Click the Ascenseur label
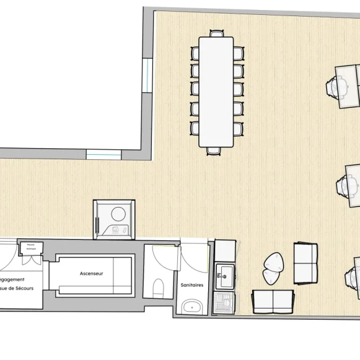point(91,273)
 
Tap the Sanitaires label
point(191,285)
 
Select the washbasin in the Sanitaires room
point(193,305)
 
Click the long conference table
point(216,92)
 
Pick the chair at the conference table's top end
point(217,33)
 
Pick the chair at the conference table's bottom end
point(214,150)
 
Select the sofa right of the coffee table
point(305,263)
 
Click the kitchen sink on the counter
point(224,276)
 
